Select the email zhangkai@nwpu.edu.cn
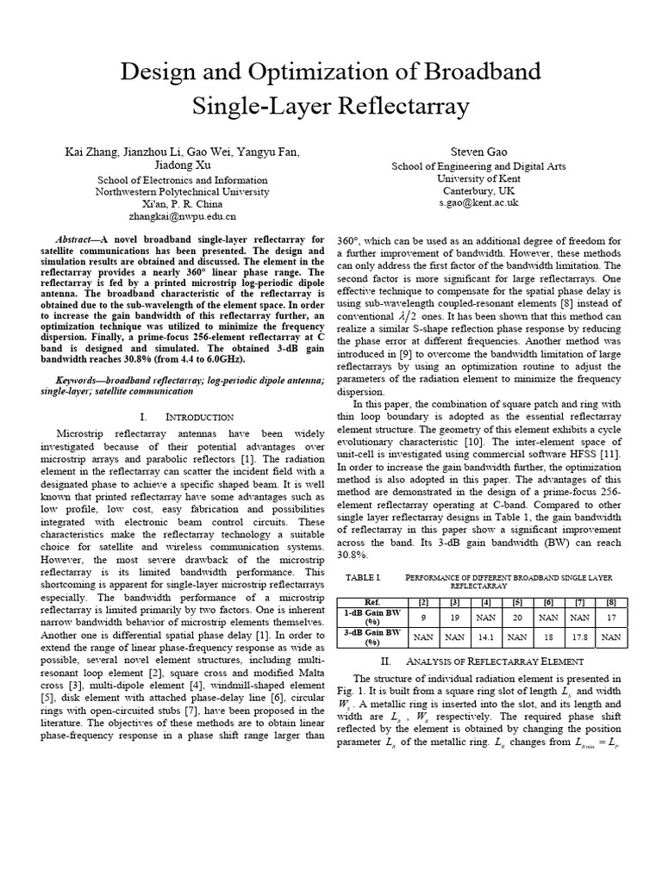coord(181,217)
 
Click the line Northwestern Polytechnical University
coord(181,191)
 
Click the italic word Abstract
coord(78,239)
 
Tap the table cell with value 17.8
coord(580,637)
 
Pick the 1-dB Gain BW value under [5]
coord(516,617)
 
